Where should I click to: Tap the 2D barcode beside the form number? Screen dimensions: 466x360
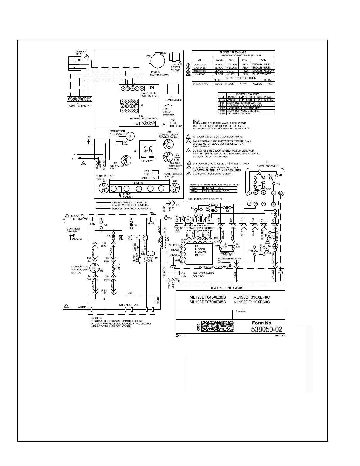click(x=217, y=327)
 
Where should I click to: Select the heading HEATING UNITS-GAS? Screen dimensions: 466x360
click(x=230, y=288)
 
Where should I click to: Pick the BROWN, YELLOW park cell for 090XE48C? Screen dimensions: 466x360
click(x=263, y=71)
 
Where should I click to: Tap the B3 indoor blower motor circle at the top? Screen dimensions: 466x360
click(x=158, y=61)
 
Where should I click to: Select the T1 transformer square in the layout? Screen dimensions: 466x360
click(x=173, y=89)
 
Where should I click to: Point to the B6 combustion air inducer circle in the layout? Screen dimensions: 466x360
click(x=130, y=136)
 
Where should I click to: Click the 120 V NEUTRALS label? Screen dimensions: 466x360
click(x=129, y=305)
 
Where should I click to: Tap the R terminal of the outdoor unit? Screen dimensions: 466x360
click(x=74, y=62)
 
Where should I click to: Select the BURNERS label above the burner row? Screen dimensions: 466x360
click(x=137, y=183)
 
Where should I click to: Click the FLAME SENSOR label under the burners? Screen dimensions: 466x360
click(x=128, y=195)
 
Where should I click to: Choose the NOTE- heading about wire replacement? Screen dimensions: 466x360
click(x=196, y=121)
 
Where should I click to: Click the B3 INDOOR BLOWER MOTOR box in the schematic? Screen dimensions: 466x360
click(x=200, y=252)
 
